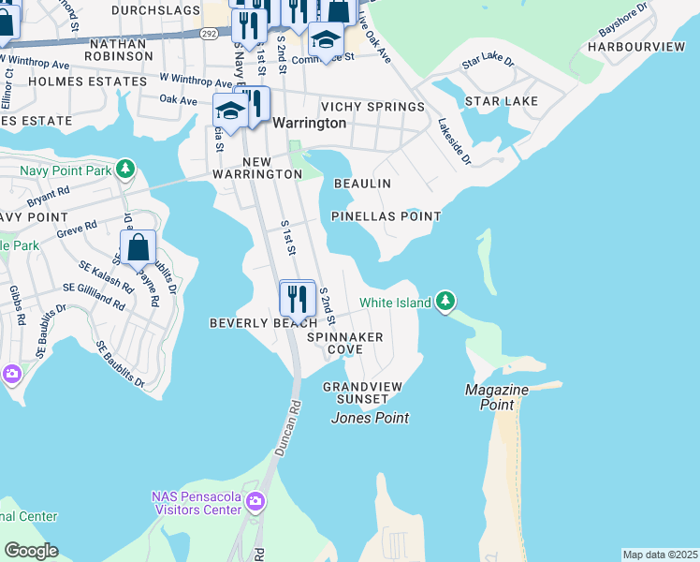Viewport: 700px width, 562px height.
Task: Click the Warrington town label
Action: (x=309, y=123)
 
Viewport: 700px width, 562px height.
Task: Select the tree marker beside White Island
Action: (x=447, y=302)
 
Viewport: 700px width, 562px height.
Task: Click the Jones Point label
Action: (x=370, y=418)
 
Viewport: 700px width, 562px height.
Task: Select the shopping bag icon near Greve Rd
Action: (x=138, y=248)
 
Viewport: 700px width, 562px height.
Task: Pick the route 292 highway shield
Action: (x=209, y=34)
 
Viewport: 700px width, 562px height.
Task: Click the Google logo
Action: (x=31, y=551)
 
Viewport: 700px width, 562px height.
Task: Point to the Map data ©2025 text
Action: (x=660, y=555)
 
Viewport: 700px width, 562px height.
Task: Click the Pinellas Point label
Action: (x=386, y=216)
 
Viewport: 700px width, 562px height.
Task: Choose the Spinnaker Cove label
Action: (x=344, y=342)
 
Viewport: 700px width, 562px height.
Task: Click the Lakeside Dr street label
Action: (x=454, y=140)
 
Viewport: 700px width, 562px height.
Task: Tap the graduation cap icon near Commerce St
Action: (x=325, y=38)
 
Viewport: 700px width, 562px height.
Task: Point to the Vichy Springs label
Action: (x=372, y=107)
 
